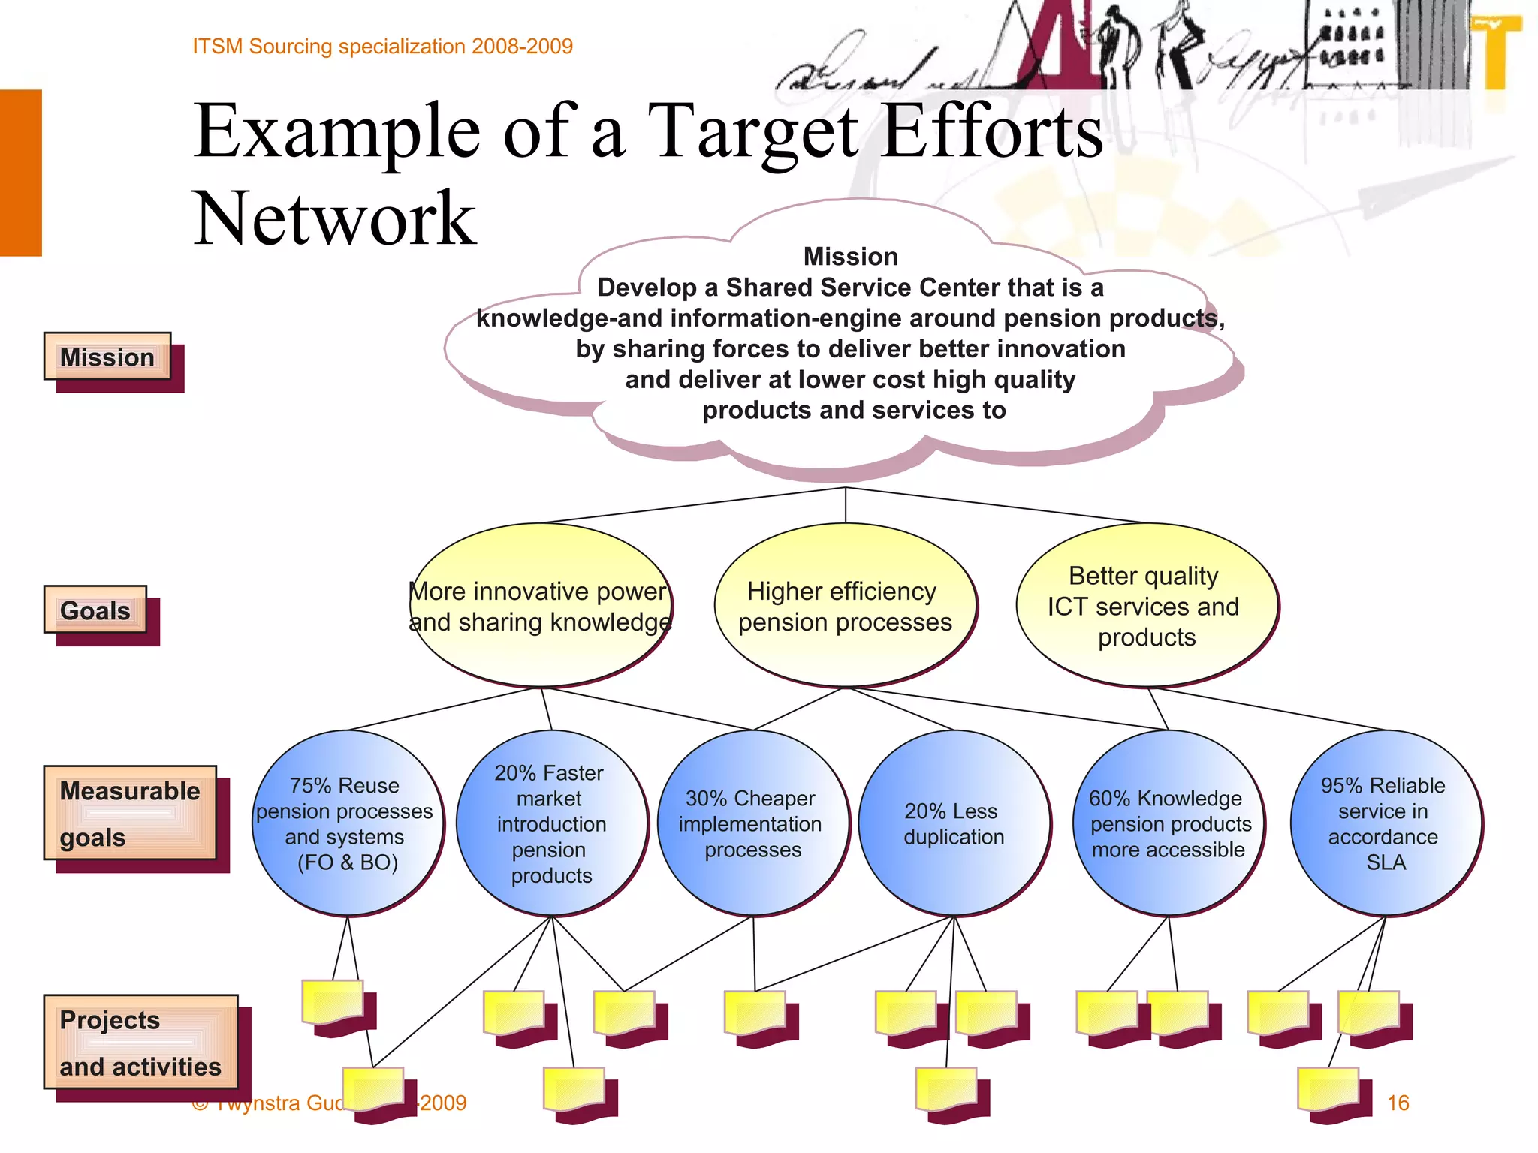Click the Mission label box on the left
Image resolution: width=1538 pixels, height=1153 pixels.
point(107,357)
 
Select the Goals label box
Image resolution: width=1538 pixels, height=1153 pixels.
point(95,610)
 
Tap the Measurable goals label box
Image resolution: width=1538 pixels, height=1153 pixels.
point(130,814)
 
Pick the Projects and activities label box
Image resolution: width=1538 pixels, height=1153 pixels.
point(140,1043)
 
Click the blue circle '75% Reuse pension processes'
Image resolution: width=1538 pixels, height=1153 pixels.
point(346,823)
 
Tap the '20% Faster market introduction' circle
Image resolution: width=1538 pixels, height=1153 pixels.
point(550,823)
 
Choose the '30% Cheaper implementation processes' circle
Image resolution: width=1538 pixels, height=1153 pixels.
point(752,823)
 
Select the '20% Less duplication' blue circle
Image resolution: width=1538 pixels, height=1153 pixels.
point(953,823)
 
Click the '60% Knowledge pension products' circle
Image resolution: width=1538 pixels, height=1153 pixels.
point(1169,823)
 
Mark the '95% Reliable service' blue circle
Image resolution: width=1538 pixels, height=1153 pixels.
point(1385,823)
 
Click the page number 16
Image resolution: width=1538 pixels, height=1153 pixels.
point(1398,1103)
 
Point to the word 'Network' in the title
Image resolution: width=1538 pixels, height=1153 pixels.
point(335,218)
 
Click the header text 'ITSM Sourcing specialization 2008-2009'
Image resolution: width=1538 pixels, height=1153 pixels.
point(382,47)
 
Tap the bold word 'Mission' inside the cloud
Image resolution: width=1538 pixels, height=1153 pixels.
point(850,257)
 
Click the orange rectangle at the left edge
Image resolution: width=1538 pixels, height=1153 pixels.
point(20,173)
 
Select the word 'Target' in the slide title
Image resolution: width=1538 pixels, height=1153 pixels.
point(752,132)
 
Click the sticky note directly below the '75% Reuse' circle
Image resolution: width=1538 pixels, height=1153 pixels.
point(333,1003)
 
